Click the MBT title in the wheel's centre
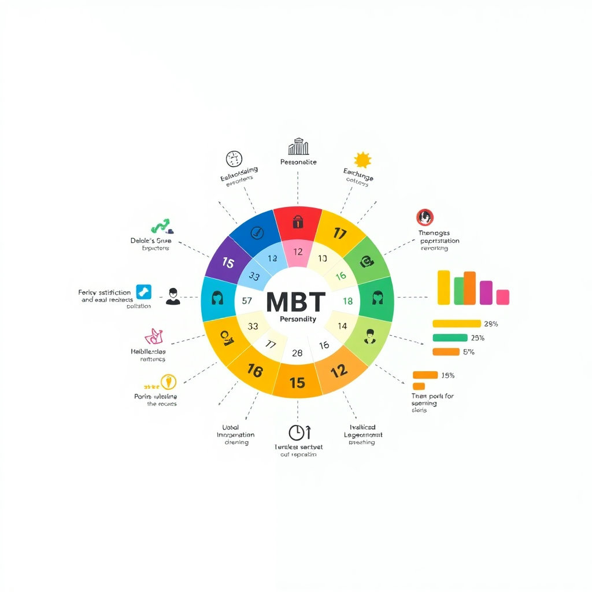point(295,301)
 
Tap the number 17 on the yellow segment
point(339,234)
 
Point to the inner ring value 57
point(247,301)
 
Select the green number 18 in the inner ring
point(347,301)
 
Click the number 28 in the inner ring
point(297,353)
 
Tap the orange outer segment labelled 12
point(339,371)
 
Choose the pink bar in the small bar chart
point(502,297)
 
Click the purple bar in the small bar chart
point(486,293)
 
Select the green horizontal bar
point(450,338)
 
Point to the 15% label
point(448,375)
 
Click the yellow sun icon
point(362,160)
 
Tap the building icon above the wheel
point(298,146)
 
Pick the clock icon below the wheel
point(296,432)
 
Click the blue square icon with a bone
point(143,292)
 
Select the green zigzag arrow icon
point(160,225)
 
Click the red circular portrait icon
point(425,217)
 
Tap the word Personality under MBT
point(298,319)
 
